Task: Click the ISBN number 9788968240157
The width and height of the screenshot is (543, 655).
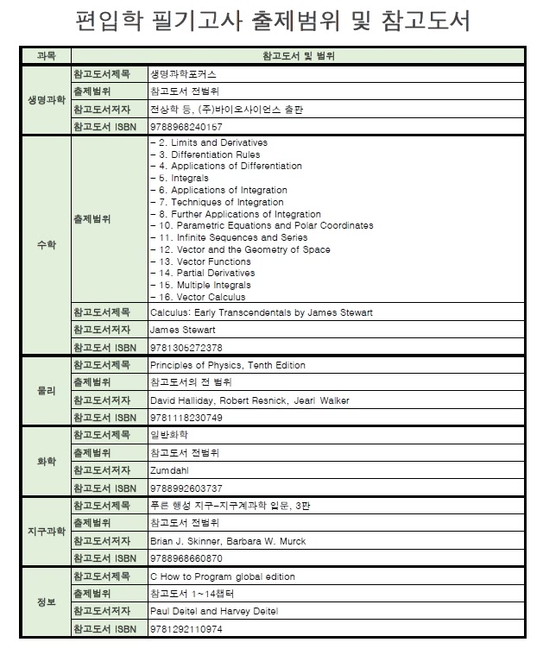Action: point(180,127)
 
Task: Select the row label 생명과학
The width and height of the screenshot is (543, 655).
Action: point(45,100)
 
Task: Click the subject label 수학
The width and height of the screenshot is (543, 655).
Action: point(45,245)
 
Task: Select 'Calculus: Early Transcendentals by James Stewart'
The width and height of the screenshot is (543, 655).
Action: point(261,312)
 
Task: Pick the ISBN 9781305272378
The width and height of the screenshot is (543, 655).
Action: point(186,348)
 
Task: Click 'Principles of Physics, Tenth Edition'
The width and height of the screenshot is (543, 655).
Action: point(227,365)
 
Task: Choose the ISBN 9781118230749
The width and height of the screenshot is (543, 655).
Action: point(186,418)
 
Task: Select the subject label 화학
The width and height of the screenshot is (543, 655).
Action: point(45,462)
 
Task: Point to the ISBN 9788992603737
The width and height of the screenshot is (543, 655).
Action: point(186,488)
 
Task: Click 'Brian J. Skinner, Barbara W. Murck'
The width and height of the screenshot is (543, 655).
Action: point(227,541)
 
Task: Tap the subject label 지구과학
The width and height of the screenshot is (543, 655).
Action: point(45,532)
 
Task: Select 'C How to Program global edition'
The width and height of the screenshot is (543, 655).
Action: point(222,576)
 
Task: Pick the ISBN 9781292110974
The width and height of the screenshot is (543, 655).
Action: point(186,629)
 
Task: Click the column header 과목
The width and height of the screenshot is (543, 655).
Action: point(45,56)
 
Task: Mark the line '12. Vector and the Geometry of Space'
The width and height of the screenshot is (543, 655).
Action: point(240,249)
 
